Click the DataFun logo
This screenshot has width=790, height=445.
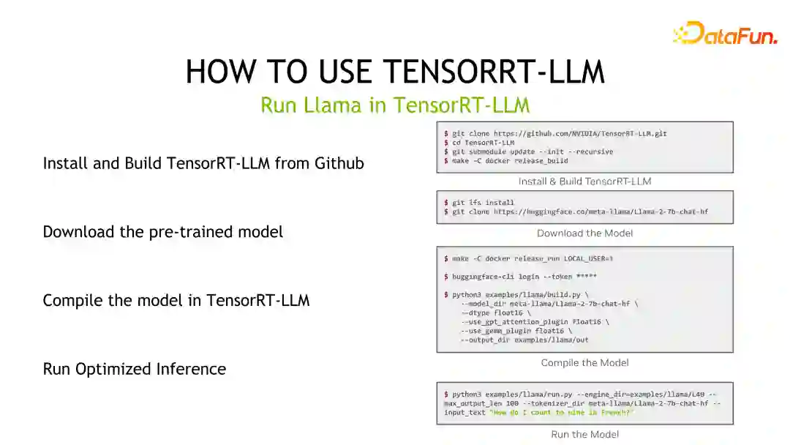click(x=725, y=34)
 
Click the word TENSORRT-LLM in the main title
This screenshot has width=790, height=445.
click(x=494, y=72)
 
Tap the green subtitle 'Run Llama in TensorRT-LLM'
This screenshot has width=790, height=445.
click(x=395, y=105)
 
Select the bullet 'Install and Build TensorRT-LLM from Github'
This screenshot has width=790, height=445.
click(x=203, y=163)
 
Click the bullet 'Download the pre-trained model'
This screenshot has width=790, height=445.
click(x=162, y=232)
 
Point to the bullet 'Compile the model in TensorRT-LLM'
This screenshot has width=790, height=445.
click(x=176, y=300)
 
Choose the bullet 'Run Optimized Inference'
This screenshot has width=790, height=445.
click(x=134, y=369)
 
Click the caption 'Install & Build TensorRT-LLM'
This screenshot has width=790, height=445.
click(x=584, y=182)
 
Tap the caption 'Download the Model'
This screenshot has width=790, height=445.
click(x=584, y=233)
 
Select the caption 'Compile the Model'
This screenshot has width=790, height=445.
click(x=584, y=363)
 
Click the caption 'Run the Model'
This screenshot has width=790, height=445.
click(x=584, y=435)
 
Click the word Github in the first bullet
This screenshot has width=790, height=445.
click(x=339, y=163)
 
